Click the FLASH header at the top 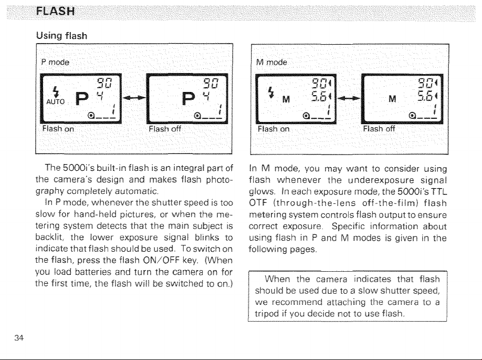tap(55, 12)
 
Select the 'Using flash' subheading tap(61, 36)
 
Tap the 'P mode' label tap(55, 62)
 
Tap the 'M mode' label tap(271, 62)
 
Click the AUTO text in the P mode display tap(55, 101)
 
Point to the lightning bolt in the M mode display tap(271, 92)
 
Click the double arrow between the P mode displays tap(134, 98)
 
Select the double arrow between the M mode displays tap(349, 98)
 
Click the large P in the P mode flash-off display tap(188, 98)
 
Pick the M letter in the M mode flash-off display tap(392, 99)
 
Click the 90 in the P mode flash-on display tap(104, 84)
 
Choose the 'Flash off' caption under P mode tap(165, 129)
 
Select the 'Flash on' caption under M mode tap(274, 129)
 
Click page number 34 tap(19, 338)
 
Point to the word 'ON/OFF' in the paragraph tap(161, 260)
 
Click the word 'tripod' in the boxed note tap(267, 314)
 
